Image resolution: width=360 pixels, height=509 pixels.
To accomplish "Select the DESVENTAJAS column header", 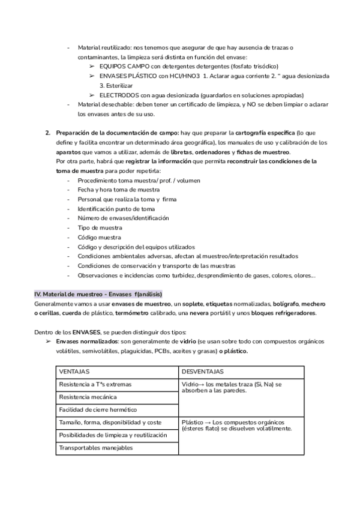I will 202,372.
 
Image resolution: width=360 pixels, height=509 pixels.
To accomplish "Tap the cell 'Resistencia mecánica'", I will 88,397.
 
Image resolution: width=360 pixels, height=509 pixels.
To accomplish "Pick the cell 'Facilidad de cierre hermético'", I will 98,410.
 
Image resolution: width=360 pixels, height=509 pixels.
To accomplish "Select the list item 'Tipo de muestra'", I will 100,227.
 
